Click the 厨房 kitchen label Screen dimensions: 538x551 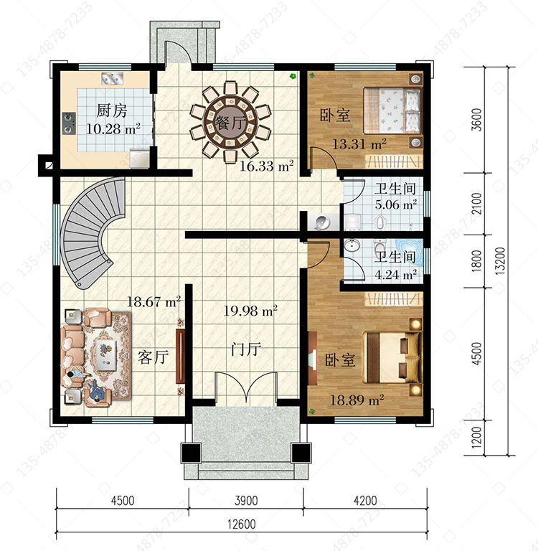point(112,110)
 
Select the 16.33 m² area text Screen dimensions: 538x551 point(267,166)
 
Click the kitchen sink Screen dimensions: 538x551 point(113,78)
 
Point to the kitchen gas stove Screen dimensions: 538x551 point(69,123)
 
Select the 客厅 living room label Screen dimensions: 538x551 point(154,357)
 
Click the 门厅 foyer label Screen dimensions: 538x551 point(246,349)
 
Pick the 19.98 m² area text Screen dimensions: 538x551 point(250,311)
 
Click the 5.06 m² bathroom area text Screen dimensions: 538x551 point(396,204)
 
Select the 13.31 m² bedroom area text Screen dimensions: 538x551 point(359,143)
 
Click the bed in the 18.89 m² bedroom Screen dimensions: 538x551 point(392,357)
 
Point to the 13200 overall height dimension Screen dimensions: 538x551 point(501,260)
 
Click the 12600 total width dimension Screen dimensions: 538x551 point(242,524)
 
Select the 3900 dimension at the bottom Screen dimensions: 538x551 point(246,500)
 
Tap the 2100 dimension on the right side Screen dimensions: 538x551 point(477,204)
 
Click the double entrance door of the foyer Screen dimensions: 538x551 point(246,387)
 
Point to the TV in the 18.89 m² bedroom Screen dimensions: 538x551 point(312,359)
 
